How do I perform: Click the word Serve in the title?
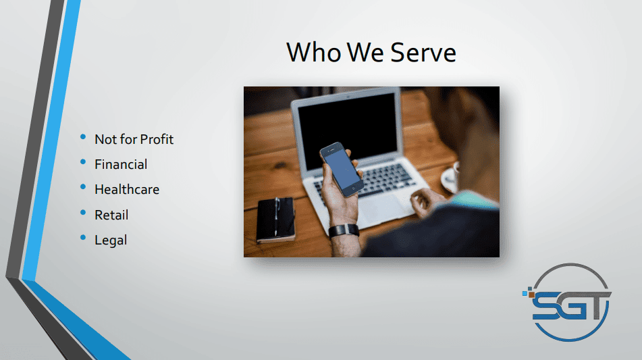(x=423, y=53)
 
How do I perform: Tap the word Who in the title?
(x=314, y=53)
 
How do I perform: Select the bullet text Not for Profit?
(x=134, y=139)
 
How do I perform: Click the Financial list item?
(x=121, y=164)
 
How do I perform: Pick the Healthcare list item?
(x=127, y=189)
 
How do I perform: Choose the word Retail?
(x=111, y=215)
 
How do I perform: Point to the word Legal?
(x=111, y=240)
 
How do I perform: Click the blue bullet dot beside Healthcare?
(x=83, y=187)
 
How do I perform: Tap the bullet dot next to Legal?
(x=83, y=237)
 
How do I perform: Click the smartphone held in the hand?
(x=342, y=169)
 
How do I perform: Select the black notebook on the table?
(x=275, y=220)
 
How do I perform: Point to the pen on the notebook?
(x=276, y=217)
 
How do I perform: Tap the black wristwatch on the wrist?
(x=344, y=230)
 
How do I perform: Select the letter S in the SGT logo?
(x=545, y=307)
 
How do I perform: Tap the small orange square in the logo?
(x=531, y=294)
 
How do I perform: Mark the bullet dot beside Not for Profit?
(x=83, y=136)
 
